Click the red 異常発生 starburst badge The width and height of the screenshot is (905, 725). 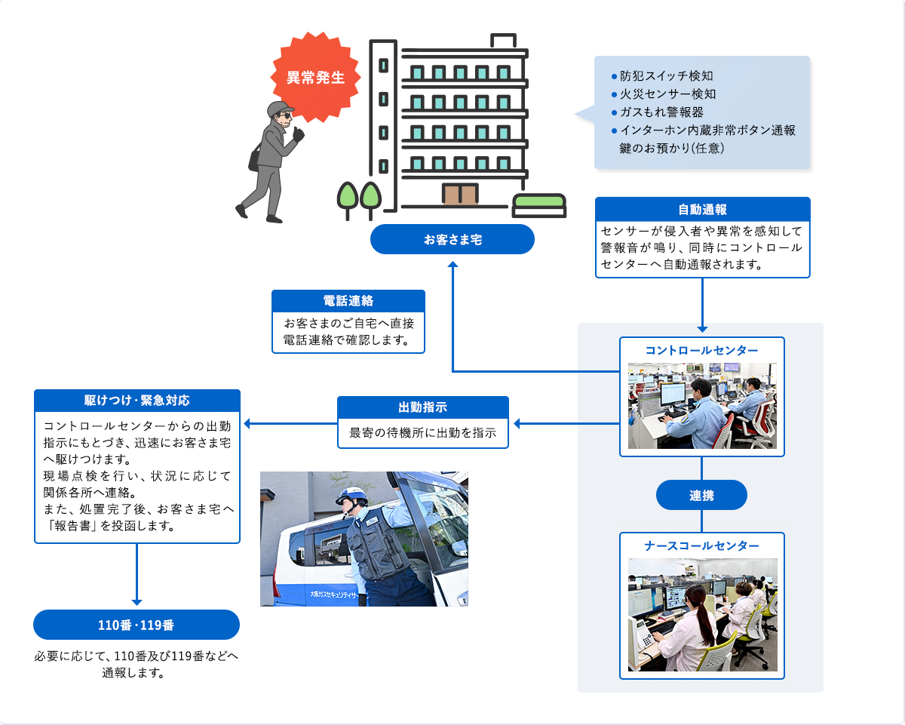315,78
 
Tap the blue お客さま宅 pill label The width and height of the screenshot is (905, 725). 452,239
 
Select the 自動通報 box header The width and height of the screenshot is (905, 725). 702,209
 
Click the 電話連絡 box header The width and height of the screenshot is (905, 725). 348,300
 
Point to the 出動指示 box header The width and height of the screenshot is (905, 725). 422,407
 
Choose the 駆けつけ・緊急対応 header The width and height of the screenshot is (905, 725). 137,400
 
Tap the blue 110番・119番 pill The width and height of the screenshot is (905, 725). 137,625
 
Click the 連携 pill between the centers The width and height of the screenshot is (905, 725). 701,496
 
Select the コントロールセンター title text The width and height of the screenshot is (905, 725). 701,350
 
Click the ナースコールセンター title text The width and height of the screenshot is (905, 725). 701,545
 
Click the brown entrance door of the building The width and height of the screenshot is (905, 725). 459,194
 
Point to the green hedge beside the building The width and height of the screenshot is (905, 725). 538,201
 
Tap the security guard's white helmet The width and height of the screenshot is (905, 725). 351,495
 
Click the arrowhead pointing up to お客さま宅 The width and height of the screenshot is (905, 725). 452,265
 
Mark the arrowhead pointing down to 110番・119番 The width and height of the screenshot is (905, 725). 137,601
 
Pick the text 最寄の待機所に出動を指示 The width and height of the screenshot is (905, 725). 422,434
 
